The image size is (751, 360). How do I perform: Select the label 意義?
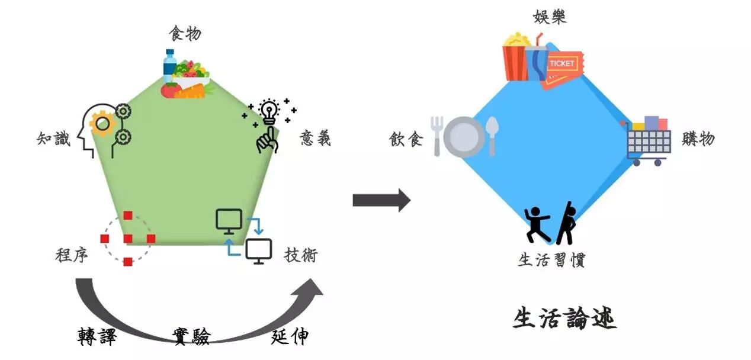point(315,139)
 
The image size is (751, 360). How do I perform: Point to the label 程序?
point(72,256)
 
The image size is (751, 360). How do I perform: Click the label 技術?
point(301,255)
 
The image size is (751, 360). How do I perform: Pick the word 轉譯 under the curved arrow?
point(97,336)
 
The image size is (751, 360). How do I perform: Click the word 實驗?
point(191,336)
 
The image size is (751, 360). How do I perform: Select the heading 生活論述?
point(564,319)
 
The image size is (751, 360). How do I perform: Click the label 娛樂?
point(550,17)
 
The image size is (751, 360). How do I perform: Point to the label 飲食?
point(406,139)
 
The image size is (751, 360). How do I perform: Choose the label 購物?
point(698,139)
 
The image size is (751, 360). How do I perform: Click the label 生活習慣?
point(551,261)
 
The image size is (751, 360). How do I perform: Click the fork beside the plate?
point(437,136)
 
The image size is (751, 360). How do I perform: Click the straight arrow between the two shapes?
point(381,200)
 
